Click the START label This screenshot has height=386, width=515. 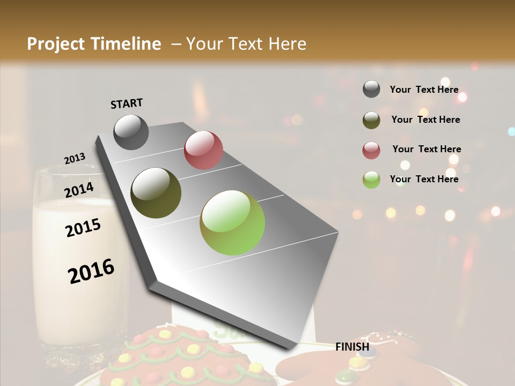click(x=127, y=103)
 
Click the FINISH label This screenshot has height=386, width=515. click(x=352, y=347)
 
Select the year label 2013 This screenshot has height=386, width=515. click(x=75, y=158)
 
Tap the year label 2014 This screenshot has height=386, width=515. click(x=79, y=190)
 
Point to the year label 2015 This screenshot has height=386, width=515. click(x=83, y=228)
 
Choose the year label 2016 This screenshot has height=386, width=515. click(x=91, y=271)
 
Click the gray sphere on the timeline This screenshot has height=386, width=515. click(x=131, y=132)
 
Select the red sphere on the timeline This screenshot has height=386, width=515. click(x=203, y=150)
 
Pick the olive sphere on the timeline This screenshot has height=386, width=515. click(x=156, y=193)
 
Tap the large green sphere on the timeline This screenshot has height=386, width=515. click(x=232, y=222)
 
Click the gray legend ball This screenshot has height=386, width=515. click(x=371, y=90)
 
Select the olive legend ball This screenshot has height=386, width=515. click(x=371, y=120)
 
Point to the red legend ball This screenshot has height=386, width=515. click(x=371, y=150)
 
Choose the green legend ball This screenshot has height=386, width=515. click(x=371, y=180)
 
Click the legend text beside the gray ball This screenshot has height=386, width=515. click(x=424, y=90)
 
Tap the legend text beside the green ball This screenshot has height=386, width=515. click(x=424, y=179)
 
